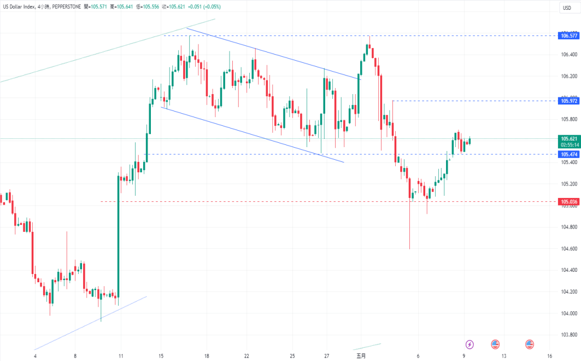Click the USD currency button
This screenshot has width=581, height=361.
(567, 7)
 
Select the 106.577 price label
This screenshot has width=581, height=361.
(568, 36)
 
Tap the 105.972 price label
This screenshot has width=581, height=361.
(568, 101)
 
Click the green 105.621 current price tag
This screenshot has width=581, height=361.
(568, 139)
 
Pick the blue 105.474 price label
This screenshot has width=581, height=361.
(568, 155)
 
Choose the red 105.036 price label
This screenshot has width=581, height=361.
(568, 202)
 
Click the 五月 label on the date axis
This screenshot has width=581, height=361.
(361, 356)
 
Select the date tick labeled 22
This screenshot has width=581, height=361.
(247, 356)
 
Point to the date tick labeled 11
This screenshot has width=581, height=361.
(121, 356)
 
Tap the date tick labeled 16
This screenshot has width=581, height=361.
(548, 356)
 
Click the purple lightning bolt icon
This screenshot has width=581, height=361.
(470, 344)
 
